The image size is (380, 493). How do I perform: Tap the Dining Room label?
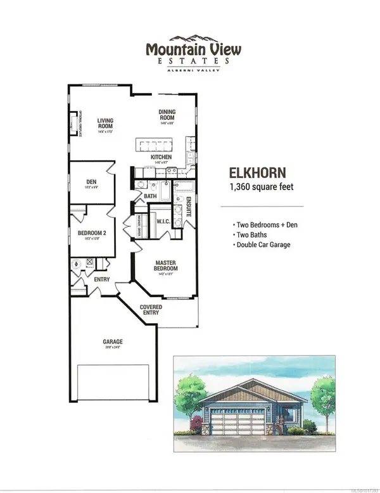[167, 115]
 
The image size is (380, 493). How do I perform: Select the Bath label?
[150, 196]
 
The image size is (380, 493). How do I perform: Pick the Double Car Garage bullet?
[263, 245]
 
